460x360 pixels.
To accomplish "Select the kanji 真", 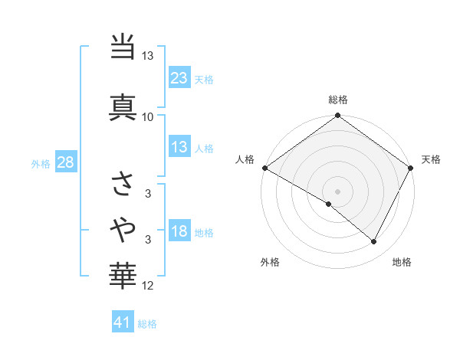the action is pos(123,106).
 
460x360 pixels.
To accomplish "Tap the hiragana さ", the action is pos(123,185).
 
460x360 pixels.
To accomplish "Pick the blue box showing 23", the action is pos(179,78).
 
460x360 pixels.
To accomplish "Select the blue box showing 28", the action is pos(65,162).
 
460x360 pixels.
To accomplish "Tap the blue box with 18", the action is pos(179,232).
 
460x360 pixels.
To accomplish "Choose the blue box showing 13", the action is pos(179,148).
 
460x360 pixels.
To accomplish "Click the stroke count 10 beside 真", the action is pos(148,117).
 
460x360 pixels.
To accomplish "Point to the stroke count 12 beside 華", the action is pos(148,286).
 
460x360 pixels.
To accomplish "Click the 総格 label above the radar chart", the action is pos(338,100).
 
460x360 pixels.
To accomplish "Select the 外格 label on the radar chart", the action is pos(270,263).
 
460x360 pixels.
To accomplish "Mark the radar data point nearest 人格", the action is pos(264,168).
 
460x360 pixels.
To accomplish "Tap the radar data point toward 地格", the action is pos(374,241).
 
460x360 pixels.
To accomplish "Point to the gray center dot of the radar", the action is pos(337,191).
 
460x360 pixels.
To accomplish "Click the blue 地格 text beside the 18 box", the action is pos(205,233).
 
